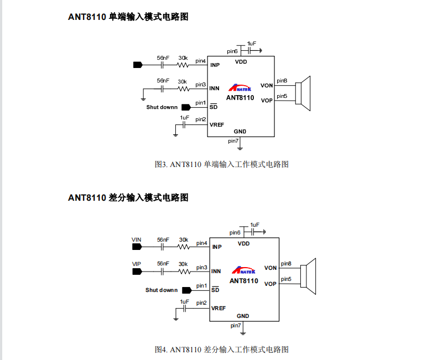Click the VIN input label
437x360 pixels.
[x=136, y=239]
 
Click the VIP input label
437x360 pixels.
[x=136, y=264]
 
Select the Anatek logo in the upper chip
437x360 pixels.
[x=241, y=88]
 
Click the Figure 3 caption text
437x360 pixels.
[x=221, y=164]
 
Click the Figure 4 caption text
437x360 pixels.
[x=221, y=349]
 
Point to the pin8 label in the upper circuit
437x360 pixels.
[x=282, y=81]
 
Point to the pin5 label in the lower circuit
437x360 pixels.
[x=286, y=279]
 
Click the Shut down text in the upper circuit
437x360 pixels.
[x=162, y=107]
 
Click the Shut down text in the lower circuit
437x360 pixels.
[x=162, y=290]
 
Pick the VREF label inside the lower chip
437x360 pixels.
[x=218, y=308]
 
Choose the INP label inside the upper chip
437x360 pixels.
[x=215, y=65]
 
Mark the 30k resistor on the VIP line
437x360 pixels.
[x=184, y=272]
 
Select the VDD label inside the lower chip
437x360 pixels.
[x=243, y=243]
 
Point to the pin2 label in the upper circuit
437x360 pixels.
[x=200, y=119]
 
